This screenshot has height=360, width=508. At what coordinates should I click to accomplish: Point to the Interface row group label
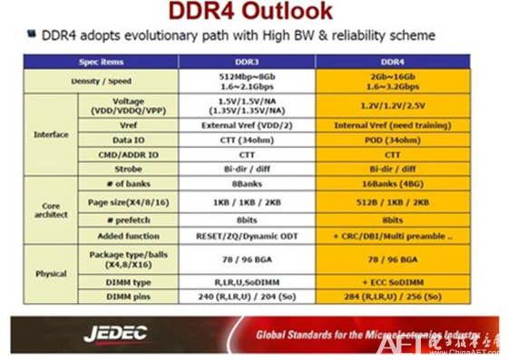[x=51, y=134]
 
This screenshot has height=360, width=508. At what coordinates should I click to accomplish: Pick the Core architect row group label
[x=51, y=212]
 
